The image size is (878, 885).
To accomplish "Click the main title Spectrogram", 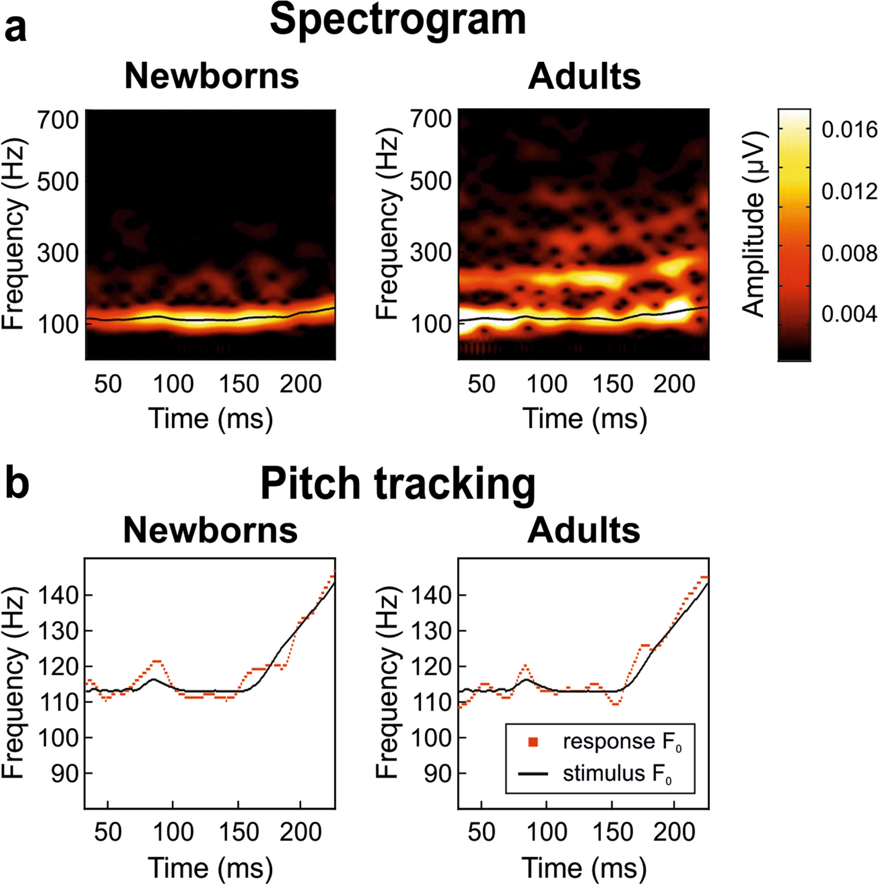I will (398, 20).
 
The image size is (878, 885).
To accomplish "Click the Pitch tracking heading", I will (398, 484).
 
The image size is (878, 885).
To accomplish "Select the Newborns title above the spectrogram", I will (211, 76).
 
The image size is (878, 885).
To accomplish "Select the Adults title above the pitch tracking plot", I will (584, 531).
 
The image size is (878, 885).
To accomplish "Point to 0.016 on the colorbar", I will (849, 130).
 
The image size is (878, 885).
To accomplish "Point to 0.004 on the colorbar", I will (849, 314).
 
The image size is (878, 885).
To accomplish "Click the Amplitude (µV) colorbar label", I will (754, 224).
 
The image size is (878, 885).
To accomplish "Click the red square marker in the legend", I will (533, 742).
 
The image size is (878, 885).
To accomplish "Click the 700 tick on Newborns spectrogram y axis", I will (58, 119).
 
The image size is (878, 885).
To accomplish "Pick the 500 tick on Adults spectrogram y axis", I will (431, 182).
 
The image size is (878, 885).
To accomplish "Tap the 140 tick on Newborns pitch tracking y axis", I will (58, 596).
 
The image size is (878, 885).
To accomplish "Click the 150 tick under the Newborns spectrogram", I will (239, 384).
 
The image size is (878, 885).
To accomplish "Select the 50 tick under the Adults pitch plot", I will (481, 832).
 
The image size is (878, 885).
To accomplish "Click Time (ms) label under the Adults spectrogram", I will (584, 419).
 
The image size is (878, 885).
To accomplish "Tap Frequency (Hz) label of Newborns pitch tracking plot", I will (14, 683).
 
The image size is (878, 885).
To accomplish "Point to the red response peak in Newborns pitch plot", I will (156, 661).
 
